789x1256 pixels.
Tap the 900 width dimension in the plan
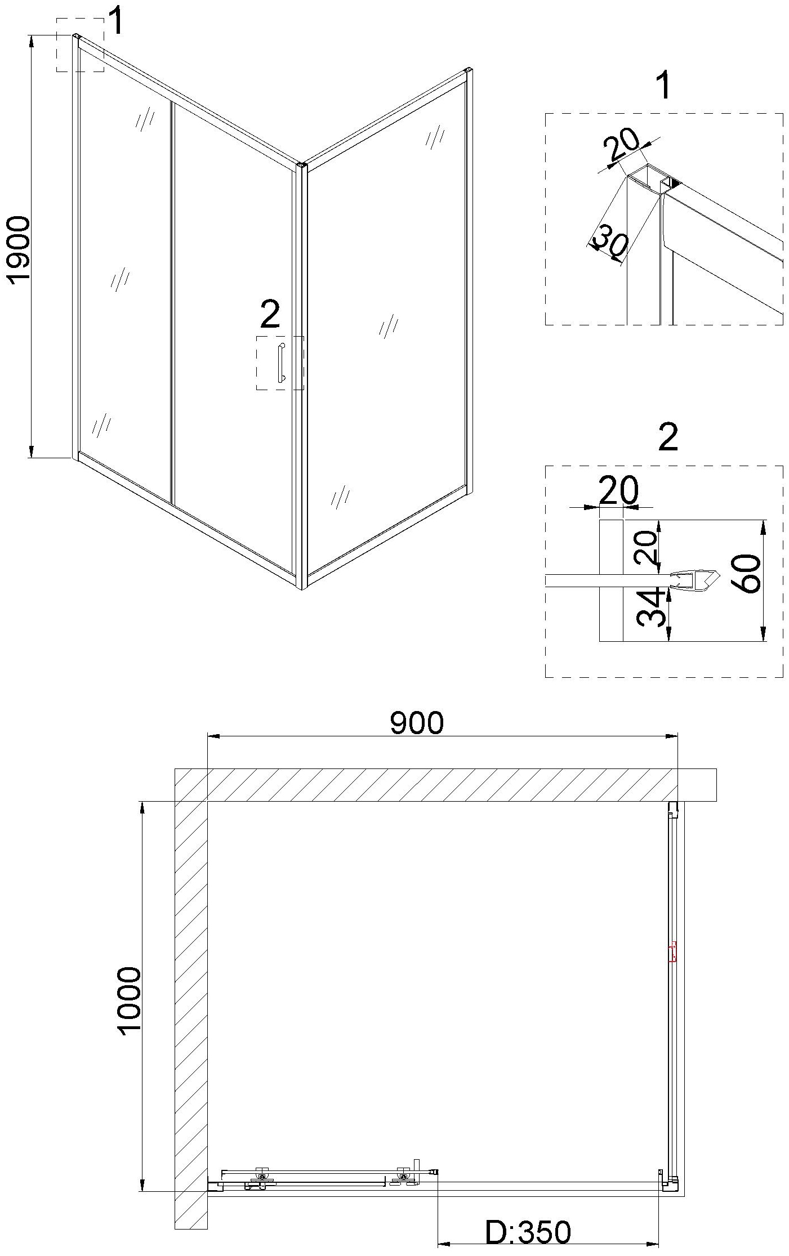click(417, 722)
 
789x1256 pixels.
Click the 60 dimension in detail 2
click(748, 574)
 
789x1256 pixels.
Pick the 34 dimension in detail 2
click(649, 608)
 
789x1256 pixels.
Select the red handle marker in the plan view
click(672, 952)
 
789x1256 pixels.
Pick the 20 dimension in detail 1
click(622, 145)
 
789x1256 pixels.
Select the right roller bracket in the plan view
click(403, 1177)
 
